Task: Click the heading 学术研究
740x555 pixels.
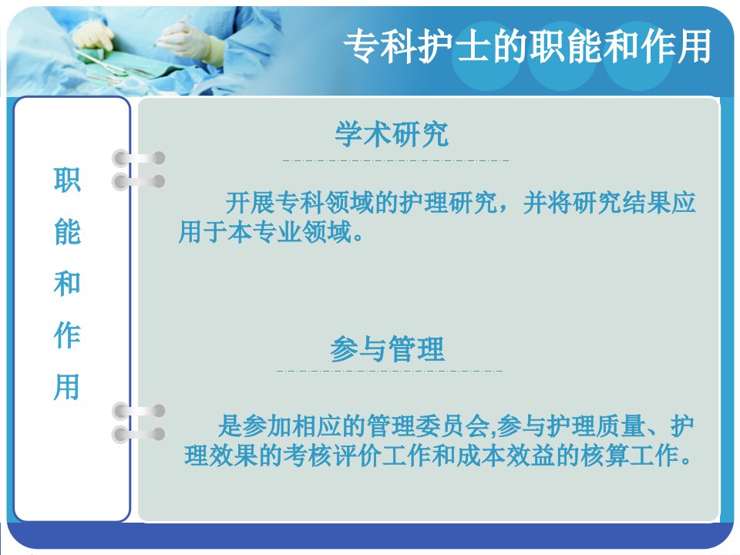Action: (x=392, y=134)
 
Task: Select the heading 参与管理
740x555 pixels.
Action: (x=387, y=348)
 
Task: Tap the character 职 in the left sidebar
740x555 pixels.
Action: (x=67, y=180)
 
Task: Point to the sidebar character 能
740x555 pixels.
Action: (x=67, y=232)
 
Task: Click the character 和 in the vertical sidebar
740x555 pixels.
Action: (x=67, y=284)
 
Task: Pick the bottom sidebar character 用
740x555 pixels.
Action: (x=67, y=387)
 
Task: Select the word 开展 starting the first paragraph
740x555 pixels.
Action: (x=250, y=203)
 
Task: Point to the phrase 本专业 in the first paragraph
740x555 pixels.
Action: (x=264, y=232)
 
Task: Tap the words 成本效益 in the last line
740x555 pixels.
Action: (x=506, y=456)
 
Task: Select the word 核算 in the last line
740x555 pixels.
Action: (x=605, y=456)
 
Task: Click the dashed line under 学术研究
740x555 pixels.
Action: (x=395, y=160)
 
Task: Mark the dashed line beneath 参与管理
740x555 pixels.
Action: (x=390, y=371)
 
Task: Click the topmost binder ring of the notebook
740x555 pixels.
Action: (x=138, y=158)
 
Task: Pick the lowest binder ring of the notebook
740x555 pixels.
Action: (x=138, y=435)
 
